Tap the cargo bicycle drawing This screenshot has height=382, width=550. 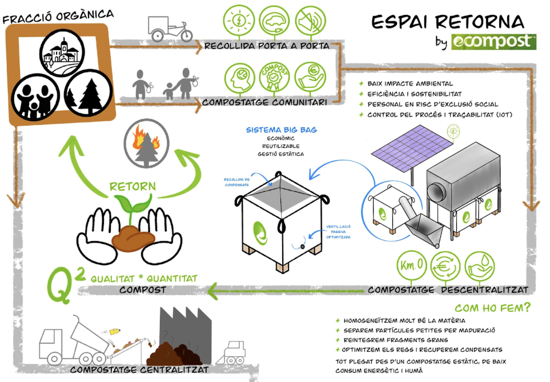pos(170,28)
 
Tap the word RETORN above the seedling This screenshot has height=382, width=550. pos(132,186)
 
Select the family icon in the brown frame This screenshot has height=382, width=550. pos(34,95)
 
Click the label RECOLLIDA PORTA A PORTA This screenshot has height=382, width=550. pos(267,46)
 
